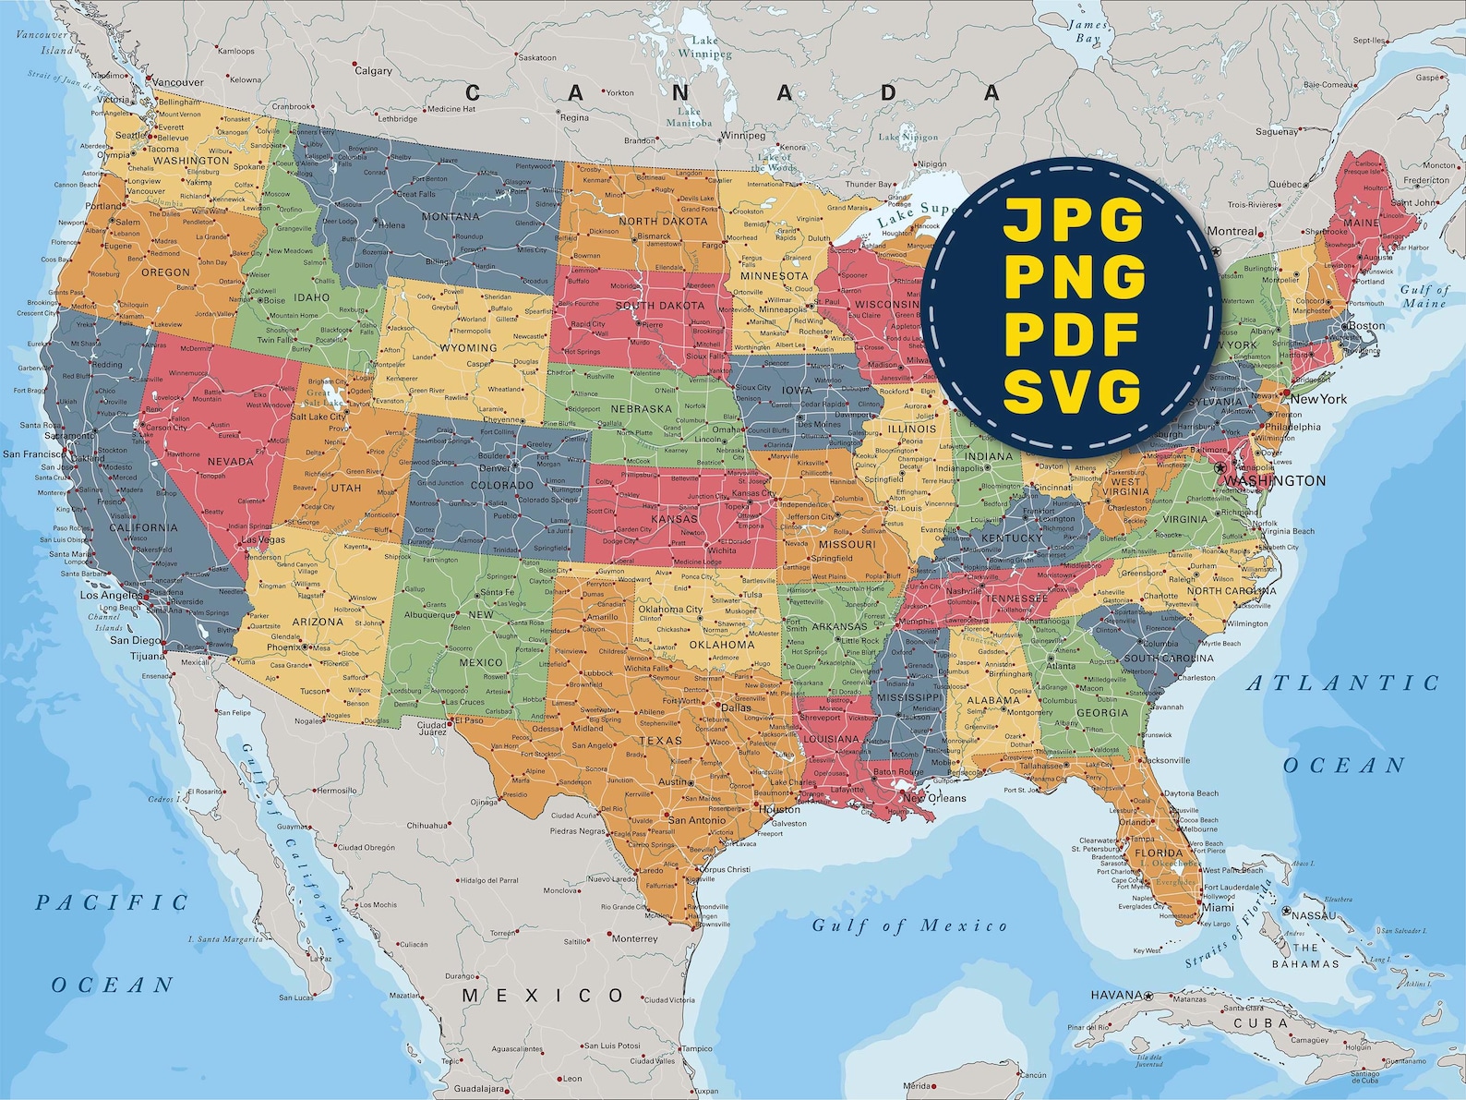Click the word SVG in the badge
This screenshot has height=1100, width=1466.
tap(1073, 392)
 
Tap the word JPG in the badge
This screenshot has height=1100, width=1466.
tap(1074, 221)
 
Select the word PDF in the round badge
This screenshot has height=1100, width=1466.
tap(1073, 335)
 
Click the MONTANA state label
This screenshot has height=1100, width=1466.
tap(451, 217)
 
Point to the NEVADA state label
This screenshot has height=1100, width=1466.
tap(230, 462)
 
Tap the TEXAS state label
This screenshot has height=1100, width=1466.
tap(660, 741)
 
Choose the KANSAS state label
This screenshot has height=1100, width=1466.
tap(674, 519)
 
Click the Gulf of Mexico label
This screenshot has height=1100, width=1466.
tap(909, 925)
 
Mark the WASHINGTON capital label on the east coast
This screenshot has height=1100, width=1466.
tap(1276, 481)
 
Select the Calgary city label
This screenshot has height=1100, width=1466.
tap(374, 71)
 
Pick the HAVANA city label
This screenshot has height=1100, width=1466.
tap(1116, 995)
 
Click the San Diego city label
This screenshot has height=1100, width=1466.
tap(134, 640)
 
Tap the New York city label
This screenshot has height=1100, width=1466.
tap(1318, 399)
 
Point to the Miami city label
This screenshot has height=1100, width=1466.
tap(1218, 908)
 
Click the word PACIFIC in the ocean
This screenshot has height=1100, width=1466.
tap(112, 902)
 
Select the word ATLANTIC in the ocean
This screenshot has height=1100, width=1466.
tap(1343, 683)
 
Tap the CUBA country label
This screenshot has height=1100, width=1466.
tap(1261, 1023)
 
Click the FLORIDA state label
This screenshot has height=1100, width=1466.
tap(1159, 852)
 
